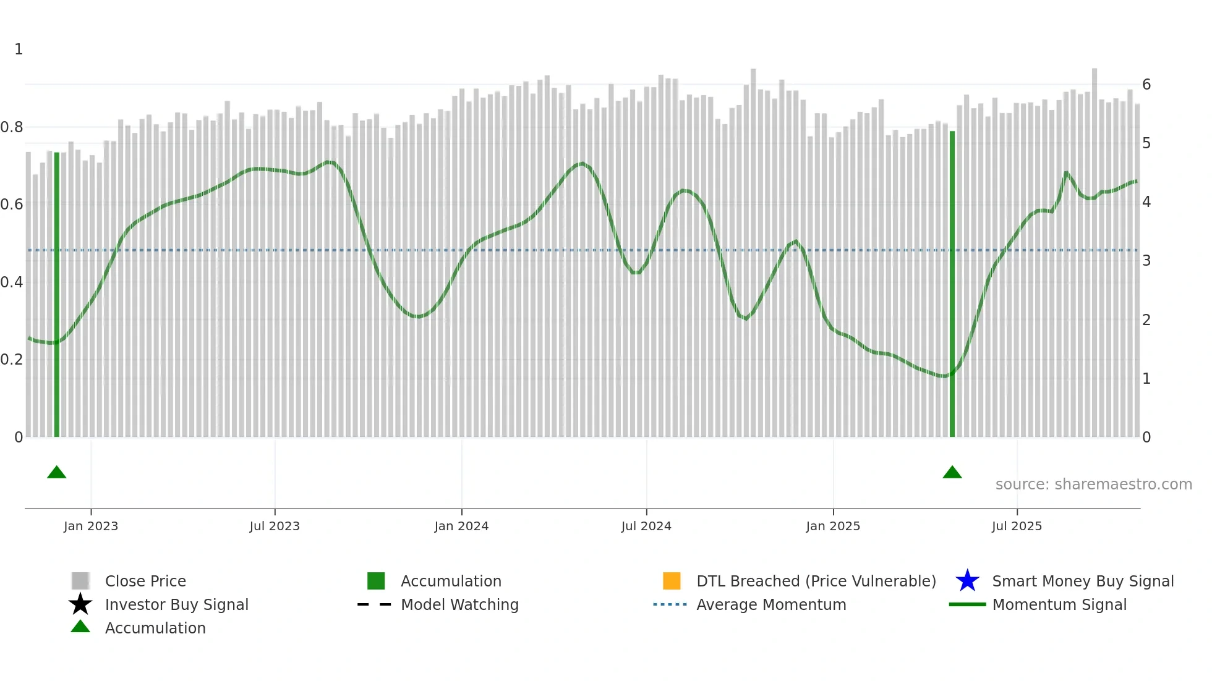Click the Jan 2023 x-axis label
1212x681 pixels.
click(x=90, y=526)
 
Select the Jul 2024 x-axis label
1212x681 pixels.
click(x=646, y=526)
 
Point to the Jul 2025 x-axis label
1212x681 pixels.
click(x=1017, y=526)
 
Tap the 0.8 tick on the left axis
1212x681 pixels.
click(x=12, y=127)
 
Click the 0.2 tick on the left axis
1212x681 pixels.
click(x=12, y=360)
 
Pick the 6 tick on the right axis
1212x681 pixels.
click(x=1146, y=85)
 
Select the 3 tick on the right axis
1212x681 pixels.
click(x=1146, y=261)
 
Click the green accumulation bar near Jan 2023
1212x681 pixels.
click(x=57, y=297)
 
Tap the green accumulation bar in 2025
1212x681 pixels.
click(x=952, y=284)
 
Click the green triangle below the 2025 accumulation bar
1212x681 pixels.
click(x=952, y=473)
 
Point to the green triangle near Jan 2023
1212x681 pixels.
click(x=57, y=473)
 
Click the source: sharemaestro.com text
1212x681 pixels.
click(x=1093, y=484)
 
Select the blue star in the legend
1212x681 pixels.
click(x=967, y=581)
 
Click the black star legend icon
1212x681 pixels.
click(x=80, y=604)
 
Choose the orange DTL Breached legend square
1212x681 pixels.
click(x=672, y=581)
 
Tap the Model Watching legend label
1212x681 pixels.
click(x=459, y=604)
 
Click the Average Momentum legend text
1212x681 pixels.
click(x=771, y=604)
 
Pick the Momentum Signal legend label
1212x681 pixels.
click(x=1059, y=604)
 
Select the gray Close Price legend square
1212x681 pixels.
click(x=80, y=581)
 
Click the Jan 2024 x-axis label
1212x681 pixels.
click(x=461, y=526)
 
